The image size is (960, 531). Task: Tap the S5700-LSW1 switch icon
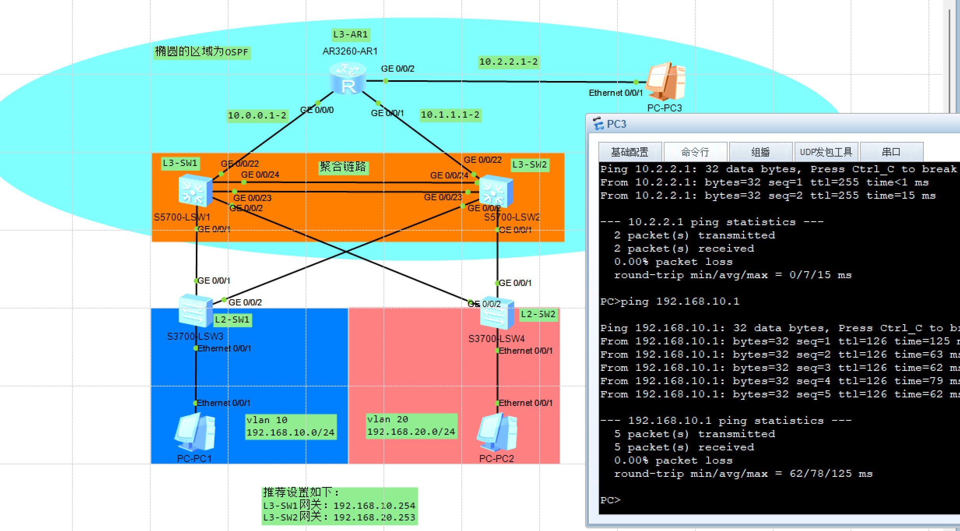[x=195, y=191]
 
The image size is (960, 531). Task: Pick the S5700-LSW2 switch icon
[x=496, y=191]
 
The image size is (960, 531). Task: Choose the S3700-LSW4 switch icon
[x=496, y=314]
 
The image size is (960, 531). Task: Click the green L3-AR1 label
[x=350, y=35]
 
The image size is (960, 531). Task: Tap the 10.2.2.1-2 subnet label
[x=508, y=62]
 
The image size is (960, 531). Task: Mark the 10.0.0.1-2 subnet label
[x=257, y=116]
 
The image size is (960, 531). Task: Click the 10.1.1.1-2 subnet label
[x=450, y=115]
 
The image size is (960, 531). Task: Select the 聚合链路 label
[x=343, y=167]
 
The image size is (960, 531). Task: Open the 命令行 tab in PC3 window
[x=695, y=152]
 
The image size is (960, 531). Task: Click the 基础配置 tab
[x=629, y=152]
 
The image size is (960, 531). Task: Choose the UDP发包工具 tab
[x=826, y=152]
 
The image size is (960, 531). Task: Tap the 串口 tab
[x=891, y=152]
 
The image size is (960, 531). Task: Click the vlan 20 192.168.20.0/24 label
[x=411, y=426]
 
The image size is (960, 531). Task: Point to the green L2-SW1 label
[x=232, y=320]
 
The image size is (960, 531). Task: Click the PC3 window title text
[x=616, y=124]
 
